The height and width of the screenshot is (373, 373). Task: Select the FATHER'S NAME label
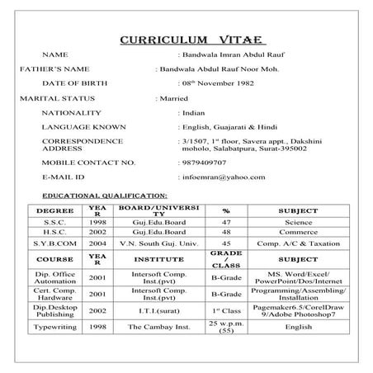tap(32, 68)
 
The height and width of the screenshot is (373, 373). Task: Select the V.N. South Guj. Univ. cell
tap(159, 245)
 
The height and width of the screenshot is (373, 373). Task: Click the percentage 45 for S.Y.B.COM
tap(226, 245)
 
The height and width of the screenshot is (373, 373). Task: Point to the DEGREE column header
tap(55, 210)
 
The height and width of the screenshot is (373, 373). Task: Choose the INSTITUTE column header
tap(159, 259)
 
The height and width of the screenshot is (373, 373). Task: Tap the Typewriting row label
tap(55, 327)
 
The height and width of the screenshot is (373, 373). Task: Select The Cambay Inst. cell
tap(159, 327)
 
